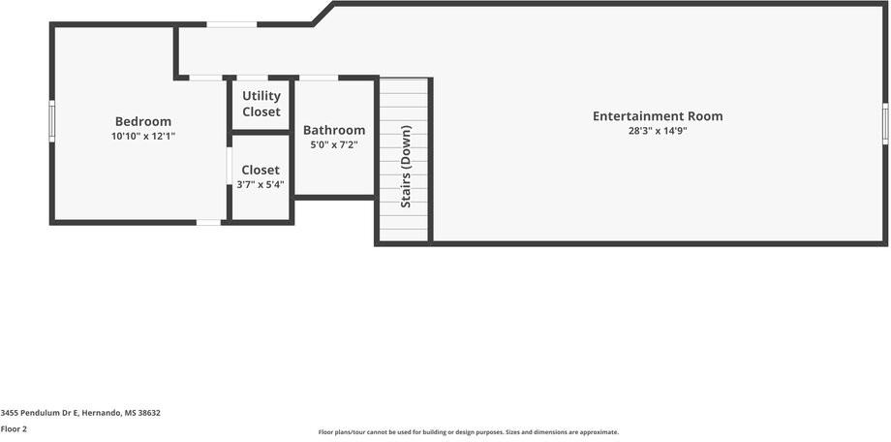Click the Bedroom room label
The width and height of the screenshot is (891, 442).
click(143, 121)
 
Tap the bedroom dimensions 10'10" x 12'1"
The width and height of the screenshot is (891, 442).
click(143, 137)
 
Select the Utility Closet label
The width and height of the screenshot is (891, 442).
click(261, 104)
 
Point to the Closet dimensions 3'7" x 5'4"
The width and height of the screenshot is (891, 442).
click(261, 184)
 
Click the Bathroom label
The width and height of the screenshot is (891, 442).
click(334, 130)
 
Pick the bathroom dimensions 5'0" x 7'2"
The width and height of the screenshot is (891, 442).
click(334, 144)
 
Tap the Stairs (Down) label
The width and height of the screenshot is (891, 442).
click(406, 166)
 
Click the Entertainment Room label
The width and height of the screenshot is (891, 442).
click(658, 116)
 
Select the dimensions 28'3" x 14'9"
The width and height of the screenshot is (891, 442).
click(658, 131)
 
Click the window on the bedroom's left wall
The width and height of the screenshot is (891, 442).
click(52, 121)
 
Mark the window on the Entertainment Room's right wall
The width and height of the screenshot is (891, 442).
click(885, 124)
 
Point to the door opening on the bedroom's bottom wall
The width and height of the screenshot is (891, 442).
click(208, 223)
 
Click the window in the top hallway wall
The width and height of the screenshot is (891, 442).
click(231, 24)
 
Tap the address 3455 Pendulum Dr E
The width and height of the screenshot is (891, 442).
click(80, 413)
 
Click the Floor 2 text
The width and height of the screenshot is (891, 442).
click(14, 428)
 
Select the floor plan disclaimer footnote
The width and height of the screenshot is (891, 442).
click(469, 432)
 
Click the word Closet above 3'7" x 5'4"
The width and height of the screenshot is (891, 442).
click(261, 170)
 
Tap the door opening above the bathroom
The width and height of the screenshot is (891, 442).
click(319, 78)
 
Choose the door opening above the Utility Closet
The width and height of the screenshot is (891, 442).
click(253, 78)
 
